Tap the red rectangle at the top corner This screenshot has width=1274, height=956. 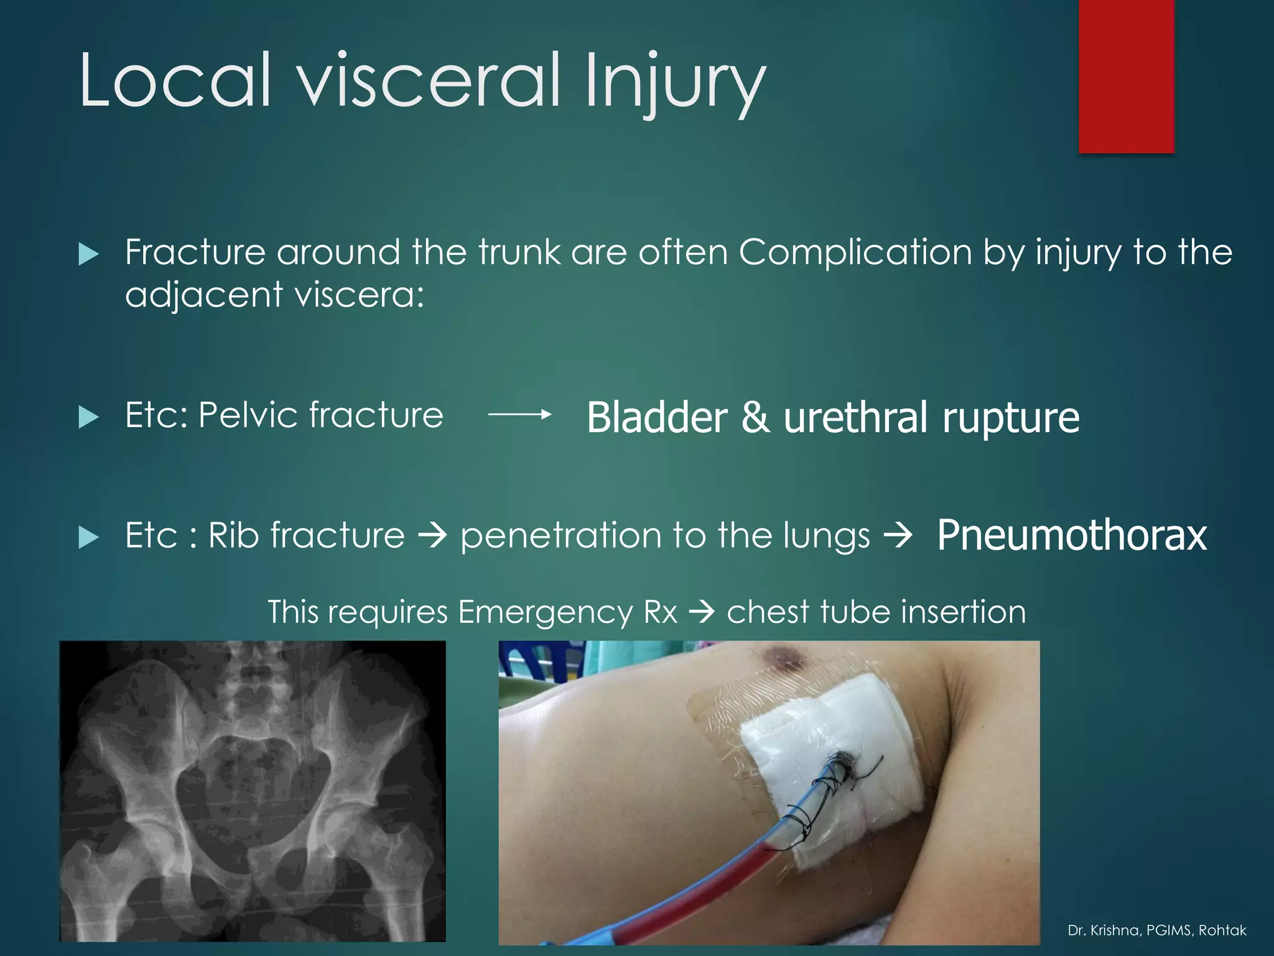tap(1126, 75)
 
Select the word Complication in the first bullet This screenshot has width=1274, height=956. tap(855, 253)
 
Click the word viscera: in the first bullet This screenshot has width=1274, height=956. tap(359, 294)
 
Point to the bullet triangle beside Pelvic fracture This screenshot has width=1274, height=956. tap(89, 417)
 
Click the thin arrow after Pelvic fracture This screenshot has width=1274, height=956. tap(519, 415)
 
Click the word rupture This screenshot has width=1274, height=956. tap(1011, 418)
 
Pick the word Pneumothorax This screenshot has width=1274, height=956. tap(1071, 535)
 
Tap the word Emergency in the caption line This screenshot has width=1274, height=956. tap(545, 612)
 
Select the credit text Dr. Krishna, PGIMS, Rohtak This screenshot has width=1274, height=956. tap(1156, 930)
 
